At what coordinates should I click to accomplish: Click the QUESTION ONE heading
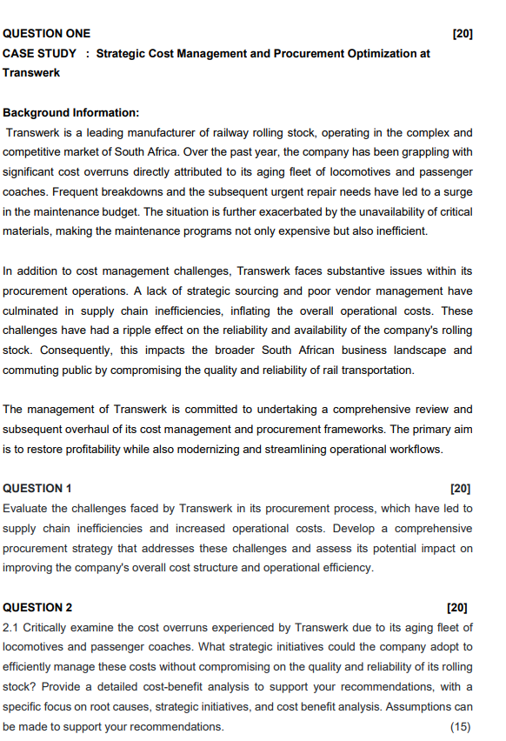click(x=47, y=34)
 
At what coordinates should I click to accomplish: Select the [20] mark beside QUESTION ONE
click(x=463, y=34)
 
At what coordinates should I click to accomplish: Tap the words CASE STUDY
click(x=40, y=54)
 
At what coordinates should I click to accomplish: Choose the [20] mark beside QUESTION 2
click(x=456, y=608)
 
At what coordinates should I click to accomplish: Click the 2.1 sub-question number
click(x=12, y=628)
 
